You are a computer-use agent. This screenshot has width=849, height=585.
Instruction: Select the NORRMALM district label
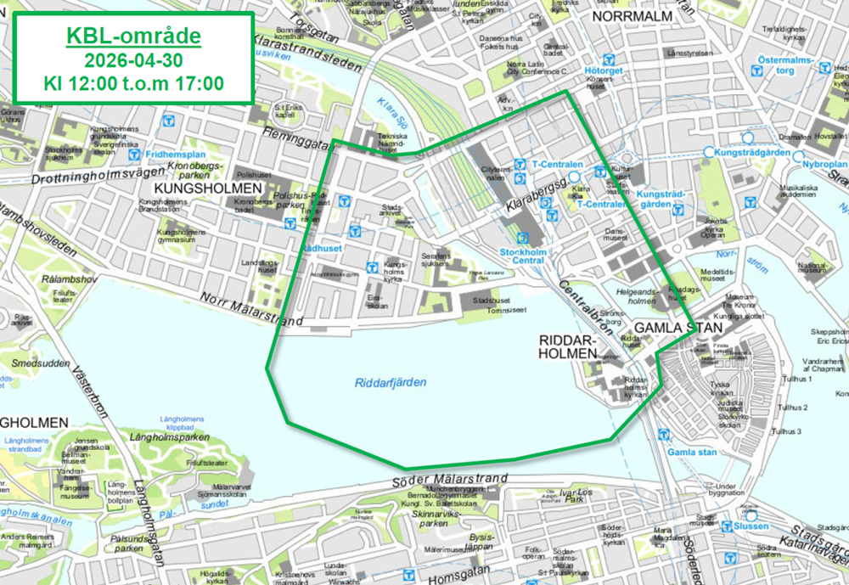[x=632, y=16]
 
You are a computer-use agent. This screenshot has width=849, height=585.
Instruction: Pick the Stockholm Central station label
[x=522, y=256]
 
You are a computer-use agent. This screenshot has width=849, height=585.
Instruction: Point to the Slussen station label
[x=751, y=526]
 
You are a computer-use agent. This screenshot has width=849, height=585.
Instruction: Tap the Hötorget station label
[x=604, y=70]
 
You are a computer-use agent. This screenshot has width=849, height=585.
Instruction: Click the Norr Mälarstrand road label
[x=251, y=310]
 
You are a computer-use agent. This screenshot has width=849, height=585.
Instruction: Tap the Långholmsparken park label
[x=170, y=437]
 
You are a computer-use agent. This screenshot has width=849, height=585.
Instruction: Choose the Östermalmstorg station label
[x=786, y=65]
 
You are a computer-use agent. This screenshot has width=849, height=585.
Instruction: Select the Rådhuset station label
[x=320, y=248]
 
